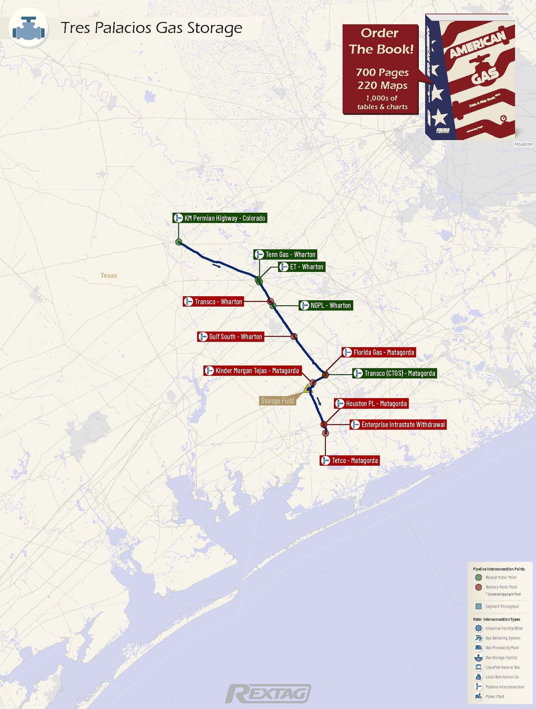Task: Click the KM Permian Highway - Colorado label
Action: [x=220, y=218]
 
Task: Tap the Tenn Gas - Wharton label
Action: [x=285, y=254]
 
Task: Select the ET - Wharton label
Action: [x=302, y=267]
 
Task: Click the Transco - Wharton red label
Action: [x=213, y=302]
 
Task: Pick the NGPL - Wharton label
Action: [x=326, y=306]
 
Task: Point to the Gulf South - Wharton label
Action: [x=230, y=337]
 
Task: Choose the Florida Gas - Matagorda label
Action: [x=379, y=352]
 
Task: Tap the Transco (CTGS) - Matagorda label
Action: [x=394, y=373]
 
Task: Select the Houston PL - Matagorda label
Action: [x=371, y=404]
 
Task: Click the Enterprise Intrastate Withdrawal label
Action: [x=398, y=425]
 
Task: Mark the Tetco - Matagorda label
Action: [x=349, y=461]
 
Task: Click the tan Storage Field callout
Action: [x=277, y=401]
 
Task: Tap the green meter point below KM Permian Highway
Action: [x=179, y=242]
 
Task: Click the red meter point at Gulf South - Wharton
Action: [x=294, y=337]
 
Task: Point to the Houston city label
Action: [x=523, y=144]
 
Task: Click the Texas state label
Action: [x=109, y=275]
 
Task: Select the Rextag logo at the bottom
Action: [x=268, y=693]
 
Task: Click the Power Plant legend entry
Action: [x=495, y=696]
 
